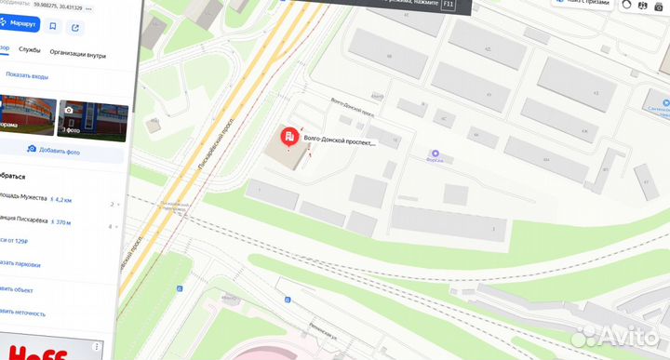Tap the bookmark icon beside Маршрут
[53, 27]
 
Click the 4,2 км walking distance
[62, 200]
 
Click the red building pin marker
[290, 139]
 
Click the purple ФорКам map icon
[435, 153]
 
